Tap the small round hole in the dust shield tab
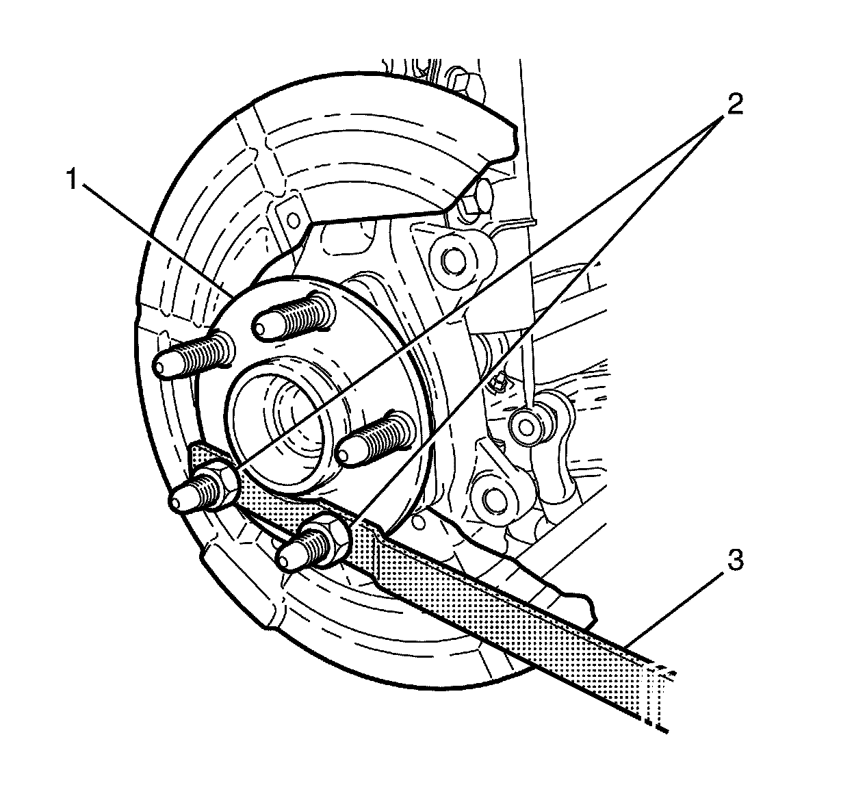coord(294,220)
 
